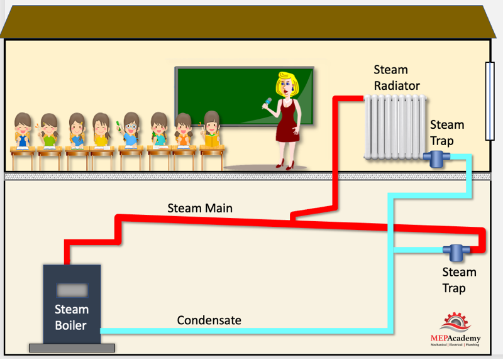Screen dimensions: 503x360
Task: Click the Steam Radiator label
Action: coord(397,77)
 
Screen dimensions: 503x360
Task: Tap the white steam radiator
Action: coord(395,128)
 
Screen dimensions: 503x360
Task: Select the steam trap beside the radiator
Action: coord(436,158)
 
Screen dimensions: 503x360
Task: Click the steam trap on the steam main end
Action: coord(456,252)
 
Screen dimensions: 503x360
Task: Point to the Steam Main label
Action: coord(200,208)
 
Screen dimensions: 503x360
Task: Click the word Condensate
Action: coord(209,320)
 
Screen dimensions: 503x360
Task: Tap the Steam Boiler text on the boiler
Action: coord(71,317)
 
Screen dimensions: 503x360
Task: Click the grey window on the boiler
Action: coord(72,290)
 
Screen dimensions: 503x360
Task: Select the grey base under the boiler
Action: coord(72,348)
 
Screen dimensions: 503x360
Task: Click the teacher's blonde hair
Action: coord(287,83)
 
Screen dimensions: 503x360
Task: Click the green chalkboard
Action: coord(245,95)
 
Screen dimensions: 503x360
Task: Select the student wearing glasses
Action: coord(130,130)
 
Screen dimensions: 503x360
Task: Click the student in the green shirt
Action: coord(48,131)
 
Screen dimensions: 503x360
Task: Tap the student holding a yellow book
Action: coord(211,129)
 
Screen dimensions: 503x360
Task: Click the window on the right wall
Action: coord(490,101)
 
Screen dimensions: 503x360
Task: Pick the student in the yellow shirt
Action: coord(101,130)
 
